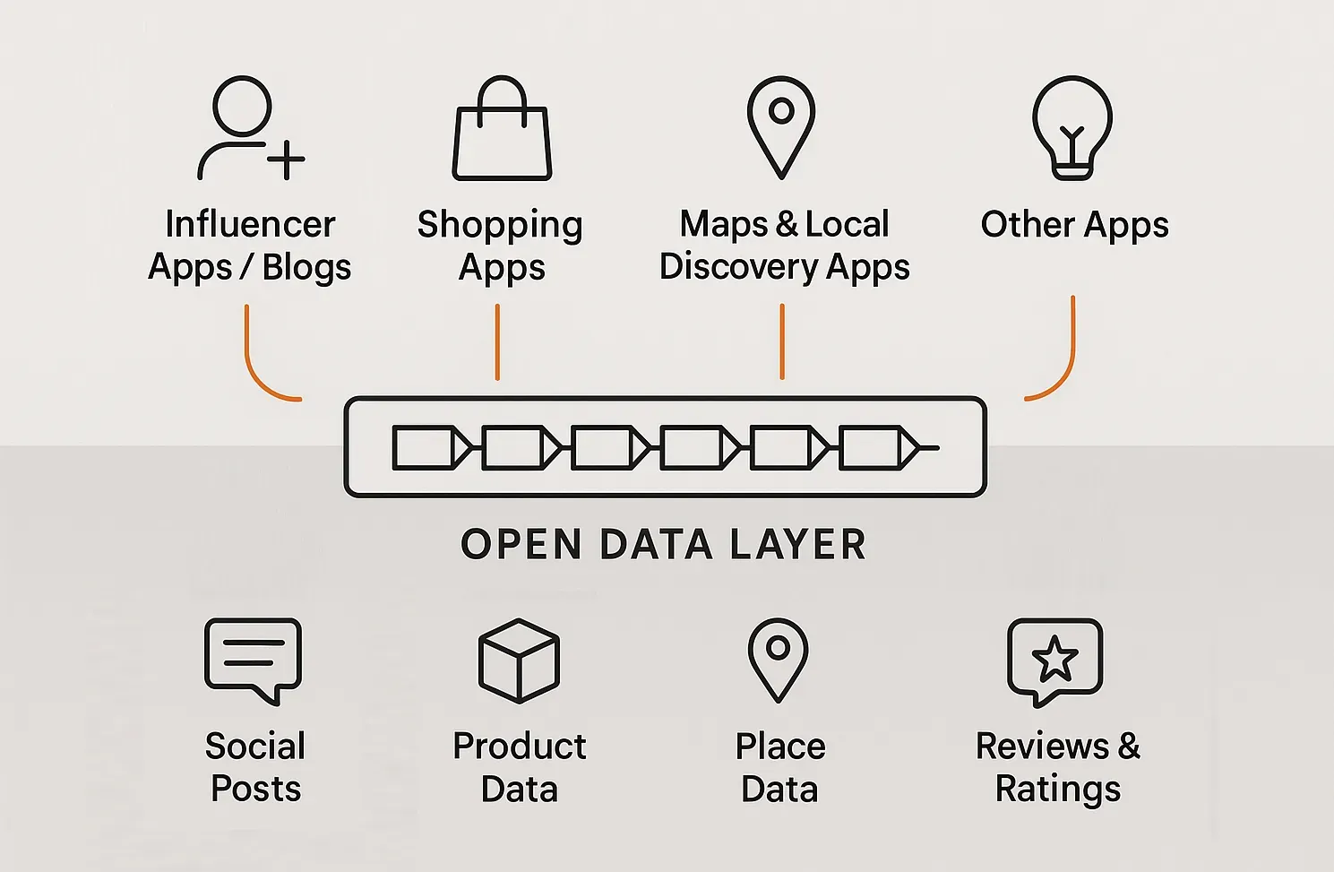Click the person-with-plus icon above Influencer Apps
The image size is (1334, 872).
click(248, 128)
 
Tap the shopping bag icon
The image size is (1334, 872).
click(502, 130)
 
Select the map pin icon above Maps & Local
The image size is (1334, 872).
click(781, 126)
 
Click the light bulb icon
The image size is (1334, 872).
click(1072, 128)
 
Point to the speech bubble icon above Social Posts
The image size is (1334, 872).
click(254, 660)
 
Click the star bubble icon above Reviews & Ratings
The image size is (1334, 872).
click(1054, 660)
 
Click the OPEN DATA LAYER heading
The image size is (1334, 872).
click(664, 544)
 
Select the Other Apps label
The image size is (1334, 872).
click(1074, 225)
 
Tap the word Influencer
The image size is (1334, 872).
click(250, 224)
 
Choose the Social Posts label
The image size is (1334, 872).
click(255, 767)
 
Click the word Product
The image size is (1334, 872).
click(520, 746)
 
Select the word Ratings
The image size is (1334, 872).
click(1058, 790)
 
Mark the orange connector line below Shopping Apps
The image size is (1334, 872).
click(497, 342)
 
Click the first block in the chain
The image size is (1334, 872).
click(423, 447)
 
